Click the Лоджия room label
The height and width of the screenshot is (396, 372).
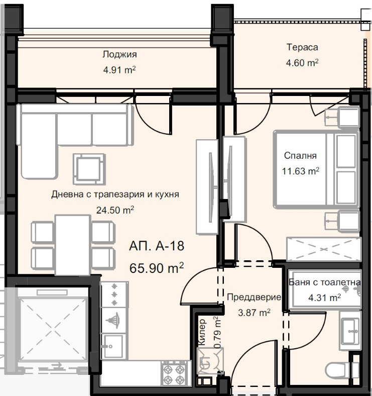coord(119,55)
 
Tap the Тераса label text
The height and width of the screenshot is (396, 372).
coord(302,48)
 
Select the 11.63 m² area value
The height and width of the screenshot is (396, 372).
coord(301,171)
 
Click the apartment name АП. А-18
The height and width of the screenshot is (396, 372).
coord(156,246)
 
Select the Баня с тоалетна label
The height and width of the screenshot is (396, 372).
coord(325,282)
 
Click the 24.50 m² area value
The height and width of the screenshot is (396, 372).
coord(115,210)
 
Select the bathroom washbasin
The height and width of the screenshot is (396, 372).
coord(349,330)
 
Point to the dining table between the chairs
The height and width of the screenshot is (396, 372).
coord(72,244)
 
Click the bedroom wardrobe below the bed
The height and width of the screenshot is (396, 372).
coord(323,249)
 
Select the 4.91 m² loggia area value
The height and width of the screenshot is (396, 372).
coord(119,70)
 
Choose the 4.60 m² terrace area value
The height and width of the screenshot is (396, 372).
coord(302,63)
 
